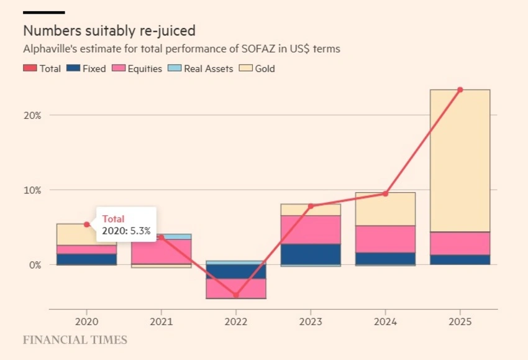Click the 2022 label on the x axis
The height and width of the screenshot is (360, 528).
pos(236,322)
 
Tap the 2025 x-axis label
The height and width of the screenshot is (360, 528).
pos(460,322)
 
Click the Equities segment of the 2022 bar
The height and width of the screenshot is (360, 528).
pos(236,288)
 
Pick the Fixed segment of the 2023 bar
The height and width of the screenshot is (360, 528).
pos(311,254)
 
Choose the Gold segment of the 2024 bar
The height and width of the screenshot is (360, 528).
pos(385,209)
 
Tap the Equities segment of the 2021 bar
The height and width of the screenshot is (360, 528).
pos(162,251)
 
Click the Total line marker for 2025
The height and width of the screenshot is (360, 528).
pos(460,90)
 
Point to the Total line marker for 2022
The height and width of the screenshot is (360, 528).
pos(236,295)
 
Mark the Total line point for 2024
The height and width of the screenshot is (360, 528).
pos(385,193)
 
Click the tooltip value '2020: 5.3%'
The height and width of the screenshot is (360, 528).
pos(126,230)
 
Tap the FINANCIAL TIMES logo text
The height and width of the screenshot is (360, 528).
pos(75,340)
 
